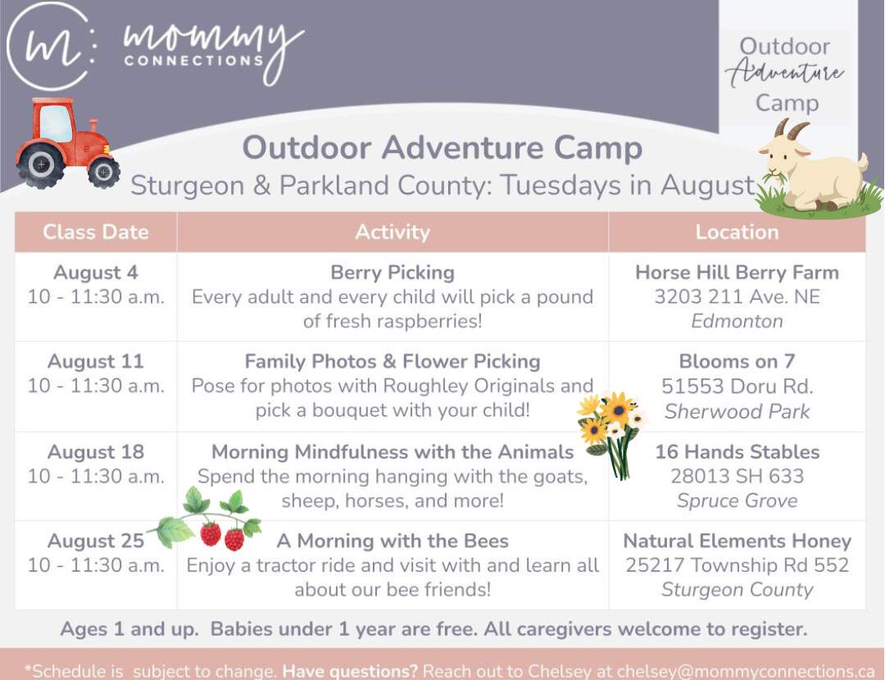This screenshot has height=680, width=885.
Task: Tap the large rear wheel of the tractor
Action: coord(41,165)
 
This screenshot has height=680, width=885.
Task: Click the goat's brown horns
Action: coord(790,129)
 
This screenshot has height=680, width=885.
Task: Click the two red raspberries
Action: coord(222,536)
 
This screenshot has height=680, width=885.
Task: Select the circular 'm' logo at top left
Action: coord(51,46)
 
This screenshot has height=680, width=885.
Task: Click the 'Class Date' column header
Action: coord(96,232)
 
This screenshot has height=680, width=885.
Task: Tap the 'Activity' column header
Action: coord(393,232)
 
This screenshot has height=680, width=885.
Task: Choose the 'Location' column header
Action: coord(737,232)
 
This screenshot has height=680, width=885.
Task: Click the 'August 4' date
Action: coord(96,273)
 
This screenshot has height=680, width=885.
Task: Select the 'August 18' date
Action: coord(96,452)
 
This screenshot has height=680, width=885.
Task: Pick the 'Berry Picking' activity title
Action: coord(393,273)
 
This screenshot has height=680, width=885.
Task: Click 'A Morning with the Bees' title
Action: coord(393,542)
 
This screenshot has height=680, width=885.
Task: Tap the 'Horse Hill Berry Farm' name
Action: coord(737,273)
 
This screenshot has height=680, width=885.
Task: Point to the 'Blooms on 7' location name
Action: coord(737,362)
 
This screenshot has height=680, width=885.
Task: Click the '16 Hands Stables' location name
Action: coord(737,452)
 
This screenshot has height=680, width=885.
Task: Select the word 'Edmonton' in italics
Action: coord(737,321)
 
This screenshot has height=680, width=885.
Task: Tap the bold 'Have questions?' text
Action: coord(350,672)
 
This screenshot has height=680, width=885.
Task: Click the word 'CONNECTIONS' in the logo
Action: coord(193,61)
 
